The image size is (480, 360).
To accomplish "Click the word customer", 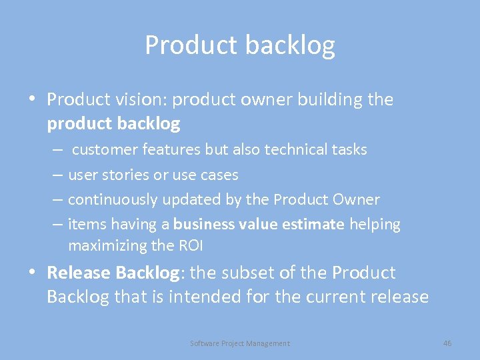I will [x=101, y=149].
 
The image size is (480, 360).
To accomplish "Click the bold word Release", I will [x=79, y=273].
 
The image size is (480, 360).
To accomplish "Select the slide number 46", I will [x=447, y=343].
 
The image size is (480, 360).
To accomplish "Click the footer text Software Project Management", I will [x=240, y=343].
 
